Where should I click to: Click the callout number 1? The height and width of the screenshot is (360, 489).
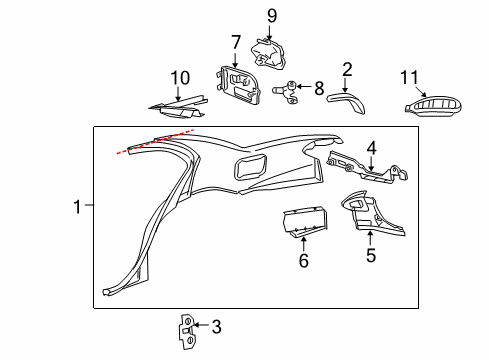pos(77,207)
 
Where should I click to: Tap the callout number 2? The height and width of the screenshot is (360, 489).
pos(347,69)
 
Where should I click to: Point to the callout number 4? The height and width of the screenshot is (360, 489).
pos(371,148)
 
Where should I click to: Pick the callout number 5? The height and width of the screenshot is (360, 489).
pos(370,254)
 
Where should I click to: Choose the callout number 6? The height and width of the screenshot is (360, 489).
pos(303,262)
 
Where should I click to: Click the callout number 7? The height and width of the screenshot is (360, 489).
pos(236,42)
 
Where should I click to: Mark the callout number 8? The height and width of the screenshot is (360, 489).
pos(318,89)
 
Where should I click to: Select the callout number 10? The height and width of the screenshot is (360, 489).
pos(179,76)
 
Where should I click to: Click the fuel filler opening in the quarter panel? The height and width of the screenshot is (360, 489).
pos(251,165)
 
